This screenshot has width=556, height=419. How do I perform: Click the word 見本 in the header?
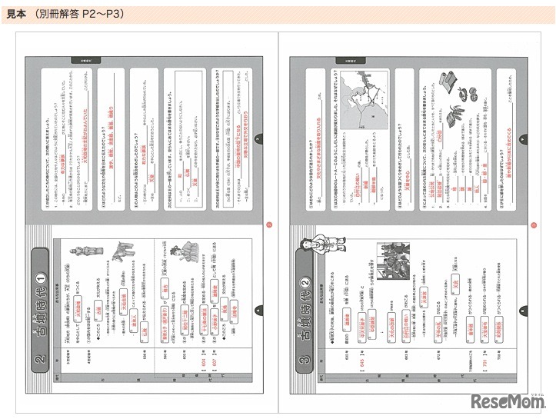(x=16, y=14)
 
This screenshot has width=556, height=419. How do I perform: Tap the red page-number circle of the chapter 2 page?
(x=268, y=224)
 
